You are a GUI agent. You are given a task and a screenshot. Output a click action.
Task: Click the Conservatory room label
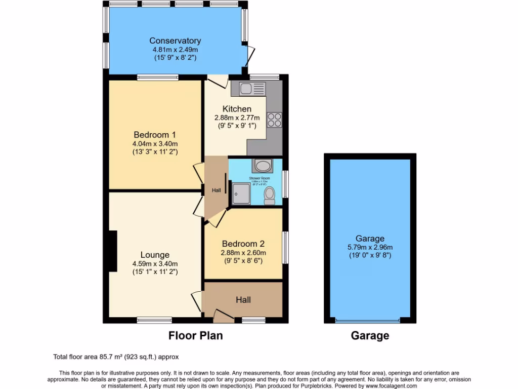click(175, 41)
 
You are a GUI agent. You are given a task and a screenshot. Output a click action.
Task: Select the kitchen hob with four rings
click(274, 120)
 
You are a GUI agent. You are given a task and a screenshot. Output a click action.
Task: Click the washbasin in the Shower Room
click(263, 166)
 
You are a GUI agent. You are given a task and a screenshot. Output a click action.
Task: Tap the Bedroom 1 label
click(155, 135)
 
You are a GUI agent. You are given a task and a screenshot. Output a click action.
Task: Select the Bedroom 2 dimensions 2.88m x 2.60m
click(243, 253)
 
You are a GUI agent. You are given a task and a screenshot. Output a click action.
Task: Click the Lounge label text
click(155, 255)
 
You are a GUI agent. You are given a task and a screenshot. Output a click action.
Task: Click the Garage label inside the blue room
click(370, 239)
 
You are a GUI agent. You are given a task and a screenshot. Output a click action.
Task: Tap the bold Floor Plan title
click(195, 335)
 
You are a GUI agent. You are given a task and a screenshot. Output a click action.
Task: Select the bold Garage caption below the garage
click(370, 335)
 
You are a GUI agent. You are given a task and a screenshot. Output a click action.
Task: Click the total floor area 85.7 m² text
click(116, 357)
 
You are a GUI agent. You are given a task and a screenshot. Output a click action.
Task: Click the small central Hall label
click(216, 190)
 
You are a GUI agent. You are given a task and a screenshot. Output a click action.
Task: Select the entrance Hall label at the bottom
click(243, 300)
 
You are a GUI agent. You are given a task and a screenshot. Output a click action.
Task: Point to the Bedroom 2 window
click(285, 248)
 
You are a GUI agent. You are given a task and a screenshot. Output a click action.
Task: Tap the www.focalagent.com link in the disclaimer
click(384, 385)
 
